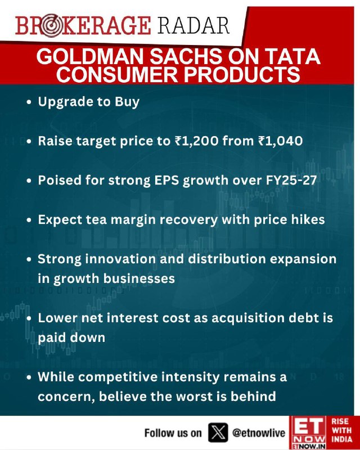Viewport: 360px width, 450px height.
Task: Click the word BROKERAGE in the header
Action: point(83,25)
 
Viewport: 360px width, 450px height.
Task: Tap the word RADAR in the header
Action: point(193,25)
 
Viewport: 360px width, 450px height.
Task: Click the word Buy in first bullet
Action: point(127,102)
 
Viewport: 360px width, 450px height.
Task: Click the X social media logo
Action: point(218,433)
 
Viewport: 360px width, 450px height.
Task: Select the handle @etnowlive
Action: point(259,433)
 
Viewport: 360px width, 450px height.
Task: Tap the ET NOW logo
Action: point(308,433)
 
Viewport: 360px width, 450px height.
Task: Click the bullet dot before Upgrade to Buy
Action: point(29,102)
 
